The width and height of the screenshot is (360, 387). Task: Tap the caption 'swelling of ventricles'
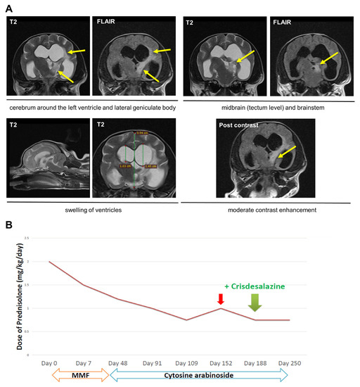coord(89,209)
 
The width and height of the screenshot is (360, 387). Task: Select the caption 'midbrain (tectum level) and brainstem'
coord(268,106)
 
